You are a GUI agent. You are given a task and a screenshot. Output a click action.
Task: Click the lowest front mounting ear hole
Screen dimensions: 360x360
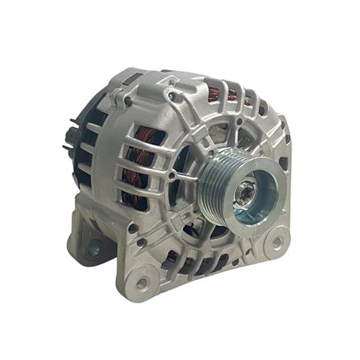click(x=142, y=284)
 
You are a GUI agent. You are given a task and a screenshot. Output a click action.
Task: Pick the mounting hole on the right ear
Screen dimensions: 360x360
click(x=276, y=243)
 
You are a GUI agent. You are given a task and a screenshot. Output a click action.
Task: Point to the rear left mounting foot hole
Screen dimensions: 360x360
click(x=93, y=247)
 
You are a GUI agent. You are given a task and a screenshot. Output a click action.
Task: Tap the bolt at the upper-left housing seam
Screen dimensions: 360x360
click(x=128, y=101)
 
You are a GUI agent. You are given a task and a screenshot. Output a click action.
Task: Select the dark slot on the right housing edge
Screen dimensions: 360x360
click(x=283, y=161)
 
